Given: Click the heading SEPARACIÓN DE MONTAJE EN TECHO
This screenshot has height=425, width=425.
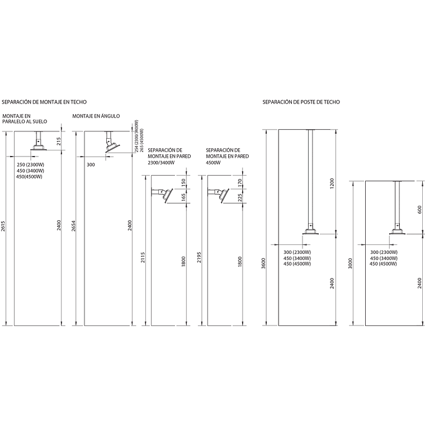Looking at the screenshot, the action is click(x=44, y=102).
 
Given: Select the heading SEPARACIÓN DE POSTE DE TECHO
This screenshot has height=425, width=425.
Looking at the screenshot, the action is click(x=301, y=102).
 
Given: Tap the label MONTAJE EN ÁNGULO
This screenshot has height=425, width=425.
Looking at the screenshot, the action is click(x=96, y=116).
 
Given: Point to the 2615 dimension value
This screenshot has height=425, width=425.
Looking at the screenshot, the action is click(x=3, y=226).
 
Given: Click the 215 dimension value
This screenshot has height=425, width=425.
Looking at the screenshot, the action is click(x=59, y=141).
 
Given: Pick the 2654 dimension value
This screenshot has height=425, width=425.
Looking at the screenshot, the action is click(x=73, y=226).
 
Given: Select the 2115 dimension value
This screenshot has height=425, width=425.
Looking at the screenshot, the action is click(x=143, y=257).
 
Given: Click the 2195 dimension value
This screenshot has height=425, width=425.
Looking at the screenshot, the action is click(x=200, y=257).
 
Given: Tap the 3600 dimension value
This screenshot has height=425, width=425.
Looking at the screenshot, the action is click(x=264, y=263).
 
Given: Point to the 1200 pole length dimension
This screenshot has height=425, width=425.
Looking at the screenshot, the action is click(x=332, y=183).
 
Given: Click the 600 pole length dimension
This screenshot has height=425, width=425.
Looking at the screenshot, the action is click(x=419, y=210).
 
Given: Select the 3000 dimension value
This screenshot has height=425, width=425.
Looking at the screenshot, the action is click(x=351, y=263).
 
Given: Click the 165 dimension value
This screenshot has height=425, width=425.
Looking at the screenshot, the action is click(x=183, y=197).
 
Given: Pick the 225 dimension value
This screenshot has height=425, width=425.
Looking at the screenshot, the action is click(x=240, y=197).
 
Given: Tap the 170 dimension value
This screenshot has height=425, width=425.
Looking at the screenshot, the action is click(x=240, y=182).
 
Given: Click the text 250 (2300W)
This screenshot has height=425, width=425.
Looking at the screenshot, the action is click(x=30, y=165).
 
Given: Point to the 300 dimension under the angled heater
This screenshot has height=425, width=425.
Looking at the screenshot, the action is click(x=91, y=165).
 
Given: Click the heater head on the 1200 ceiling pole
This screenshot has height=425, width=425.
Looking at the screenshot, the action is click(x=310, y=232).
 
